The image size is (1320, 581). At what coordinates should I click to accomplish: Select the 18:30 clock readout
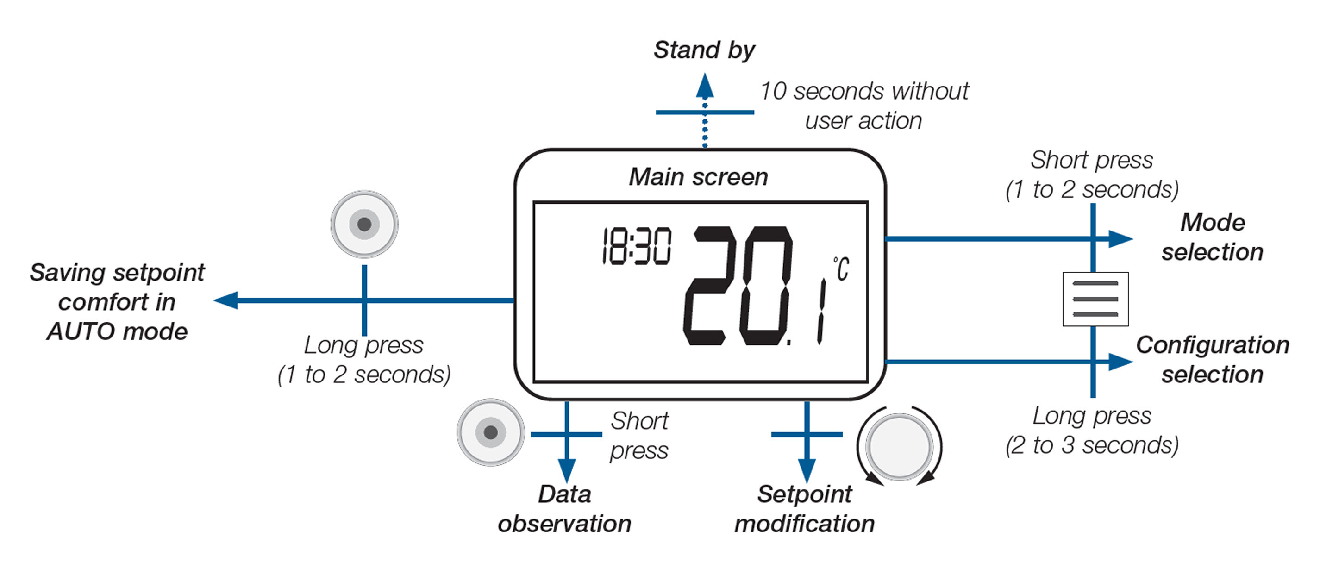(x=636, y=246)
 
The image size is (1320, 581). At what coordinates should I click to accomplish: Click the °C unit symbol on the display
(x=841, y=269)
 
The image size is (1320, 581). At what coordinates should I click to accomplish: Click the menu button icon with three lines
(x=1095, y=299)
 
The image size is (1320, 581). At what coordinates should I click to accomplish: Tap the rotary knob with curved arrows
(x=899, y=446)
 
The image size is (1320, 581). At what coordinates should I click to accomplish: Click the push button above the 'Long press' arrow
(x=364, y=224)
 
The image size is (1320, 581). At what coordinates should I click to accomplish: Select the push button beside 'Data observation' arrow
(x=490, y=432)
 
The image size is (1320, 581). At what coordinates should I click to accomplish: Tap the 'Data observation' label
(x=564, y=509)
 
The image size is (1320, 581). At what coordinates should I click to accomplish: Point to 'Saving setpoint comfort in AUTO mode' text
(x=117, y=302)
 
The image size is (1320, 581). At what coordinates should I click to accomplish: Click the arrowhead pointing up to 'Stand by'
(x=705, y=86)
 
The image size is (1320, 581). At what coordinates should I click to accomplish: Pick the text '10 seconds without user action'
(x=864, y=106)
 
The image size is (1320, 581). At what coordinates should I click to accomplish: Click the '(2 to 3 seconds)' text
(x=1091, y=445)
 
